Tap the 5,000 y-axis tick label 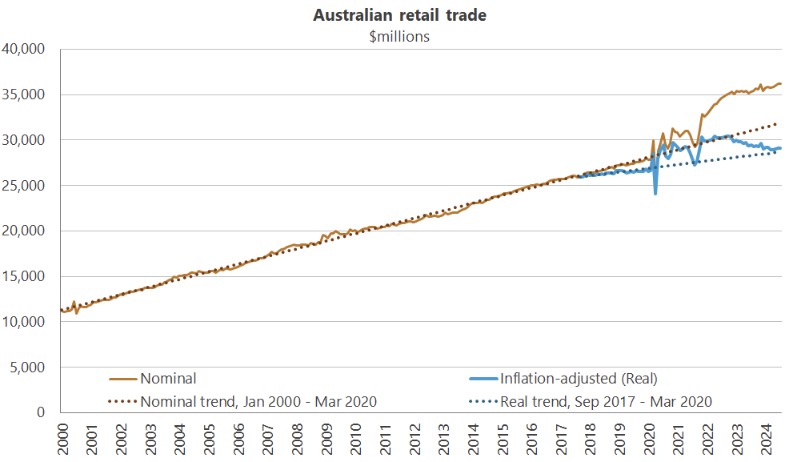[31, 368]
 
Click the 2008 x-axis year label [297, 440]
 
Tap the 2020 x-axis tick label [651, 440]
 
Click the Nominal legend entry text [168, 379]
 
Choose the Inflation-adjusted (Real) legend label [578, 379]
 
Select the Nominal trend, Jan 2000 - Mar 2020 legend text [258, 401]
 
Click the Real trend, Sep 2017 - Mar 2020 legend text [606, 401]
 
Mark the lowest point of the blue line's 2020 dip [656, 194]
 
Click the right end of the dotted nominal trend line [780, 124]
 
